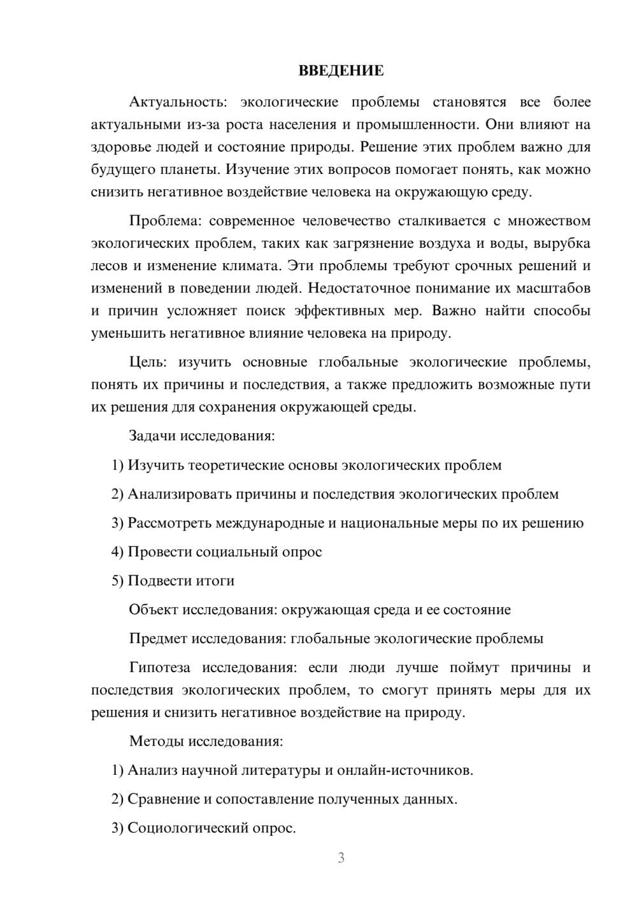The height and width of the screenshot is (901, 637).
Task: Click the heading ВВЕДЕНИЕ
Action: pos(341,71)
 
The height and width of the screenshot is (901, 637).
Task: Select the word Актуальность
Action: pos(173,103)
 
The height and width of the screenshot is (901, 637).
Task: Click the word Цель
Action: pos(148,363)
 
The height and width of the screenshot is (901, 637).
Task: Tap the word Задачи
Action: pos(153,436)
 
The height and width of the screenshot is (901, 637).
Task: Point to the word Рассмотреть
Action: pos(170,523)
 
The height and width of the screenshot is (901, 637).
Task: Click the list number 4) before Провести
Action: pos(117,552)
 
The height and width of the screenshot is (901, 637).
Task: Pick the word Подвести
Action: pos(156,581)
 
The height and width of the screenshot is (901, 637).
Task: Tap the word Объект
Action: pos(154,610)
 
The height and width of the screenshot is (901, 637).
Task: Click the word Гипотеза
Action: pos(159,668)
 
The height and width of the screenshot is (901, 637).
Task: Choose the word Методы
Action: pos(157,742)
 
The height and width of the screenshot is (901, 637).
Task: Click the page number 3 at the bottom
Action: pos(341,858)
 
